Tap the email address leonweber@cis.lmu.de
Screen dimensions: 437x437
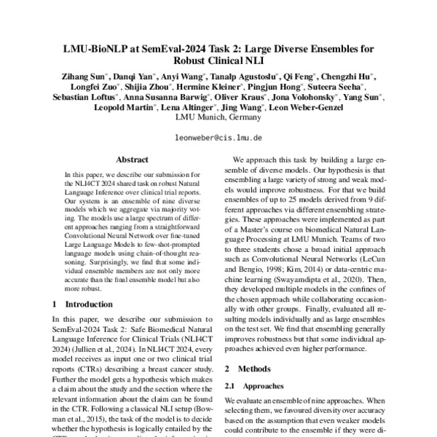click(218, 136)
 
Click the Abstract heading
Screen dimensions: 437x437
click(133, 157)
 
